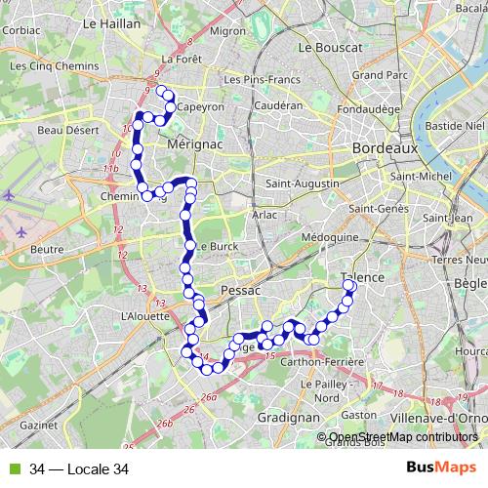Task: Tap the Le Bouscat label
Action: pos(330,46)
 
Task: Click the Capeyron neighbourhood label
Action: pos(201,106)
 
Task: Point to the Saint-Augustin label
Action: pos(303,183)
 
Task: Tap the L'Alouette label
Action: pos(142,315)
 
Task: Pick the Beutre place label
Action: pos(47,249)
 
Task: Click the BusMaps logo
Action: pos(439,468)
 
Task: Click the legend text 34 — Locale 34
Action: pos(79,469)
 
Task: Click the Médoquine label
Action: pos(331,237)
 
